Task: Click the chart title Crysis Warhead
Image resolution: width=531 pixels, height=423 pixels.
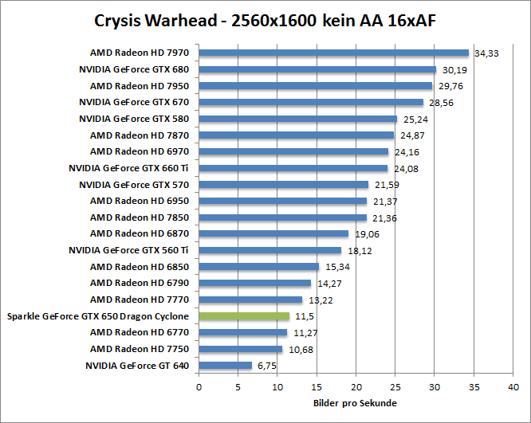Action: point(265,19)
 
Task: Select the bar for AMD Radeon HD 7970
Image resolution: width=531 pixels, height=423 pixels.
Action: point(333,53)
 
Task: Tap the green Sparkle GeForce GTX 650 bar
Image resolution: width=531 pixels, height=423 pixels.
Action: point(244,316)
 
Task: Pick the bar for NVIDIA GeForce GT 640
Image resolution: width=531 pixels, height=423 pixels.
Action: point(225,366)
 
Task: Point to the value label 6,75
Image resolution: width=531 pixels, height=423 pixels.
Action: point(265,366)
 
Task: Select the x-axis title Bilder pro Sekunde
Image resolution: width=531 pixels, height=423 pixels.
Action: point(355,403)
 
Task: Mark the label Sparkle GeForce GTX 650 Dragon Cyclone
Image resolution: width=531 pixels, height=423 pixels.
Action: point(99,316)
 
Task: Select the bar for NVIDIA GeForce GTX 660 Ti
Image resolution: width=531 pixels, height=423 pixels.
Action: point(293,168)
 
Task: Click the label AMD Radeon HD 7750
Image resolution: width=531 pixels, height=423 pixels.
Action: point(140,349)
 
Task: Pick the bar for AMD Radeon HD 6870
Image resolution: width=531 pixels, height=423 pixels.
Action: point(273,234)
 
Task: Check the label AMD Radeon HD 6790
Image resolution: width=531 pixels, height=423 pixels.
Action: point(140,283)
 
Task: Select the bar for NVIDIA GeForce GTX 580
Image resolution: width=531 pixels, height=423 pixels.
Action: point(297,119)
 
